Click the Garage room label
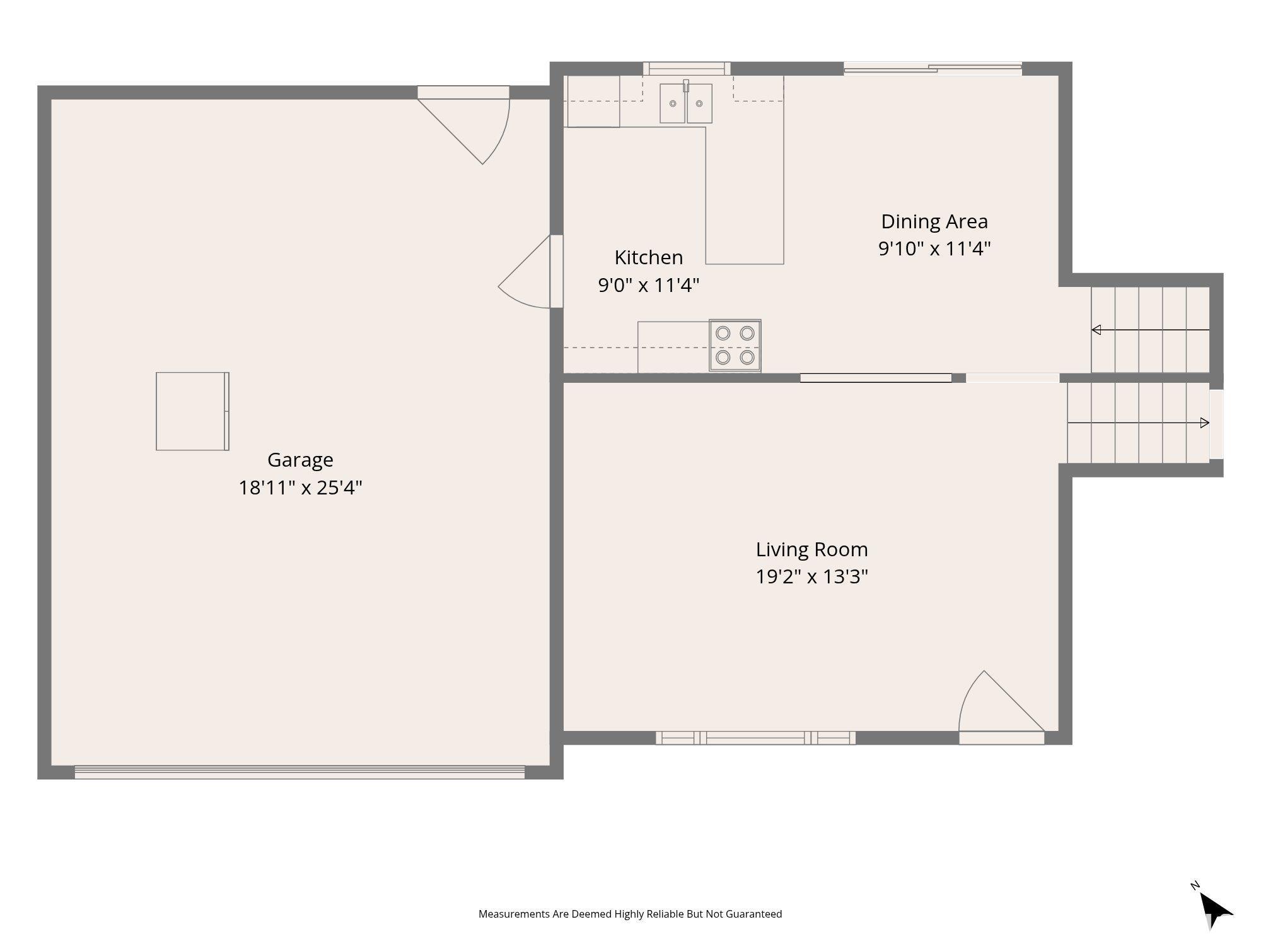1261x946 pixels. [x=300, y=460]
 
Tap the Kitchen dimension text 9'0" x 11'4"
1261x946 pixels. [x=649, y=285]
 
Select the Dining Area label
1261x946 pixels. [x=934, y=221]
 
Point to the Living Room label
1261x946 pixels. [x=812, y=549]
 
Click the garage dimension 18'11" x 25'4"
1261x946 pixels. [x=300, y=488]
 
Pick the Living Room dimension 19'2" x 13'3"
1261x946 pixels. [x=812, y=576]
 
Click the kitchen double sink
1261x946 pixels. [x=686, y=103]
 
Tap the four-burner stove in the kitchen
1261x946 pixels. [x=735, y=346]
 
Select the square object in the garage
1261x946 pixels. [x=192, y=411]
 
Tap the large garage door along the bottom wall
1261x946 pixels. [x=299, y=772]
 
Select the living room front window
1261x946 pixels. [x=755, y=738]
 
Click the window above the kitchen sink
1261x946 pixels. [x=687, y=69]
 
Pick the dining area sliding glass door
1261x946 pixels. [x=933, y=69]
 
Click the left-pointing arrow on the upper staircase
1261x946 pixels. [x=1151, y=330]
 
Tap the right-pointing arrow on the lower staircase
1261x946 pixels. [x=1138, y=423]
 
